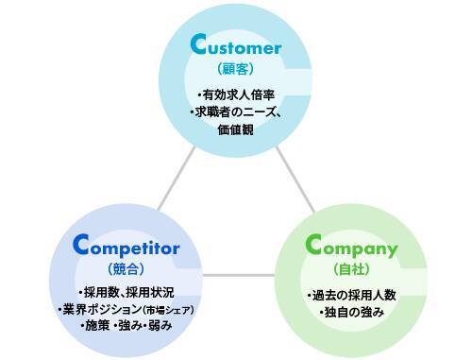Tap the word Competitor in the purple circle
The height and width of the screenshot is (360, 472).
126,249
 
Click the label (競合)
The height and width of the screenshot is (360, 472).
125,268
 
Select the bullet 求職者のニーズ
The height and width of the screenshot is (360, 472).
232,113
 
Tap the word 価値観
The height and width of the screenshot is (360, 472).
233,130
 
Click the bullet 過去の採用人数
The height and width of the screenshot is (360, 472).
351,295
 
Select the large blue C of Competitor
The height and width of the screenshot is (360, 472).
83,246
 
